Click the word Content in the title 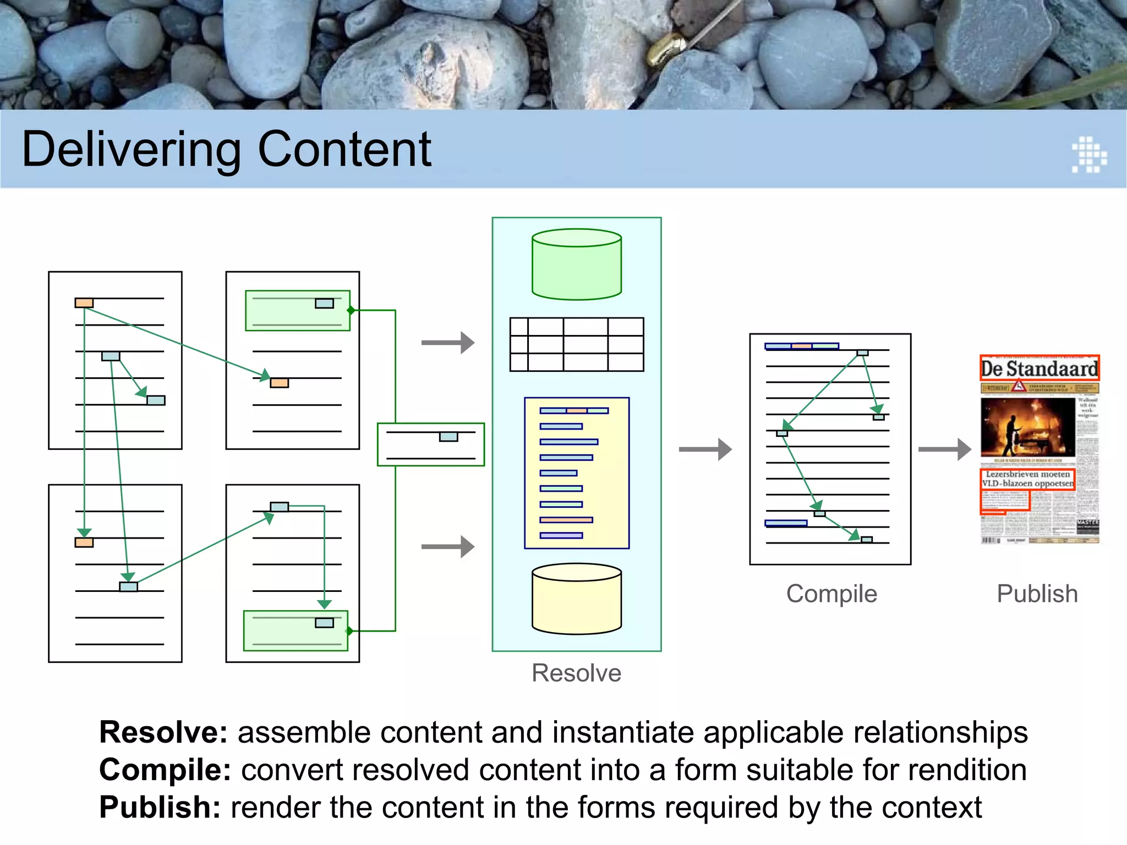[x=344, y=150]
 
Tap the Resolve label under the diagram [x=576, y=673]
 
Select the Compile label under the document [x=831, y=594]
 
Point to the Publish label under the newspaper [x=1037, y=594]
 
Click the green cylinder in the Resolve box [x=577, y=265]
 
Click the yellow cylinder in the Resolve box [x=577, y=599]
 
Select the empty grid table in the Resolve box [x=577, y=344]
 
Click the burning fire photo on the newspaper [x=1027, y=427]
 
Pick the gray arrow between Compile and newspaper [x=944, y=449]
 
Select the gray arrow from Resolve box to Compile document [x=705, y=449]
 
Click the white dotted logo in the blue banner [x=1088, y=155]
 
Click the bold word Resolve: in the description [x=163, y=733]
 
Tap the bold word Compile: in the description [x=165, y=770]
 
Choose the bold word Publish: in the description [x=160, y=808]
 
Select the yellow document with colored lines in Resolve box [x=577, y=473]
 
